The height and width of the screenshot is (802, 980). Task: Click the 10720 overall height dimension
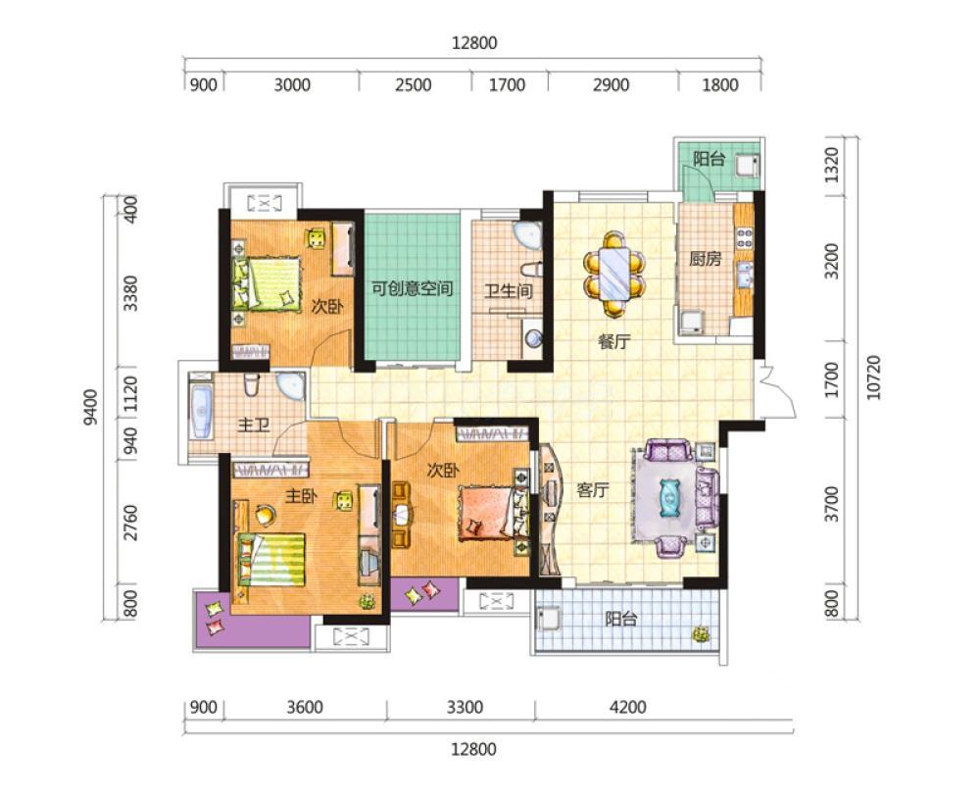click(874, 376)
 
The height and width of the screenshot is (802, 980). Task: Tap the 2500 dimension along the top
click(414, 84)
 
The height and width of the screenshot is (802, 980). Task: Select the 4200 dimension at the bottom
click(627, 707)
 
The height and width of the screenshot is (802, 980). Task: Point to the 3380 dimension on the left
click(130, 293)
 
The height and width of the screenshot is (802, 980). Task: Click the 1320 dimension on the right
click(832, 165)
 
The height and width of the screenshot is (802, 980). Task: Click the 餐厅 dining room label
click(614, 341)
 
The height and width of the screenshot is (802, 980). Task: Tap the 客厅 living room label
click(593, 490)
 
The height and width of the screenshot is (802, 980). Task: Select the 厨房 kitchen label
click(705, 258)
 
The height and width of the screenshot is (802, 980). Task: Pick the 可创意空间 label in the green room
click(412, 289)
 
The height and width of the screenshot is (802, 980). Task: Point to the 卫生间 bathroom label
click(509, 290)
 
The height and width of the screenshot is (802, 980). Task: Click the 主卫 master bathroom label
click(253, 426)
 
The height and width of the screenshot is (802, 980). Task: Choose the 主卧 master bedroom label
click(301, 496)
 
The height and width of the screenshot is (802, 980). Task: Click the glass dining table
click(614, 274)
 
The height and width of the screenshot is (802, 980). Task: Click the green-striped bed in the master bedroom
click(270, 560)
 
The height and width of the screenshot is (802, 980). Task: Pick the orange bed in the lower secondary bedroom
click(494, 513)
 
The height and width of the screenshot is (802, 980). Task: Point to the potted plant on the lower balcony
click(702, 633)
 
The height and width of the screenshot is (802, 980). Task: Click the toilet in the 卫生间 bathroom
click(531, 270)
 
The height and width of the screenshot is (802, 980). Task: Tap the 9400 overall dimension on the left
click(91, 407)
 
